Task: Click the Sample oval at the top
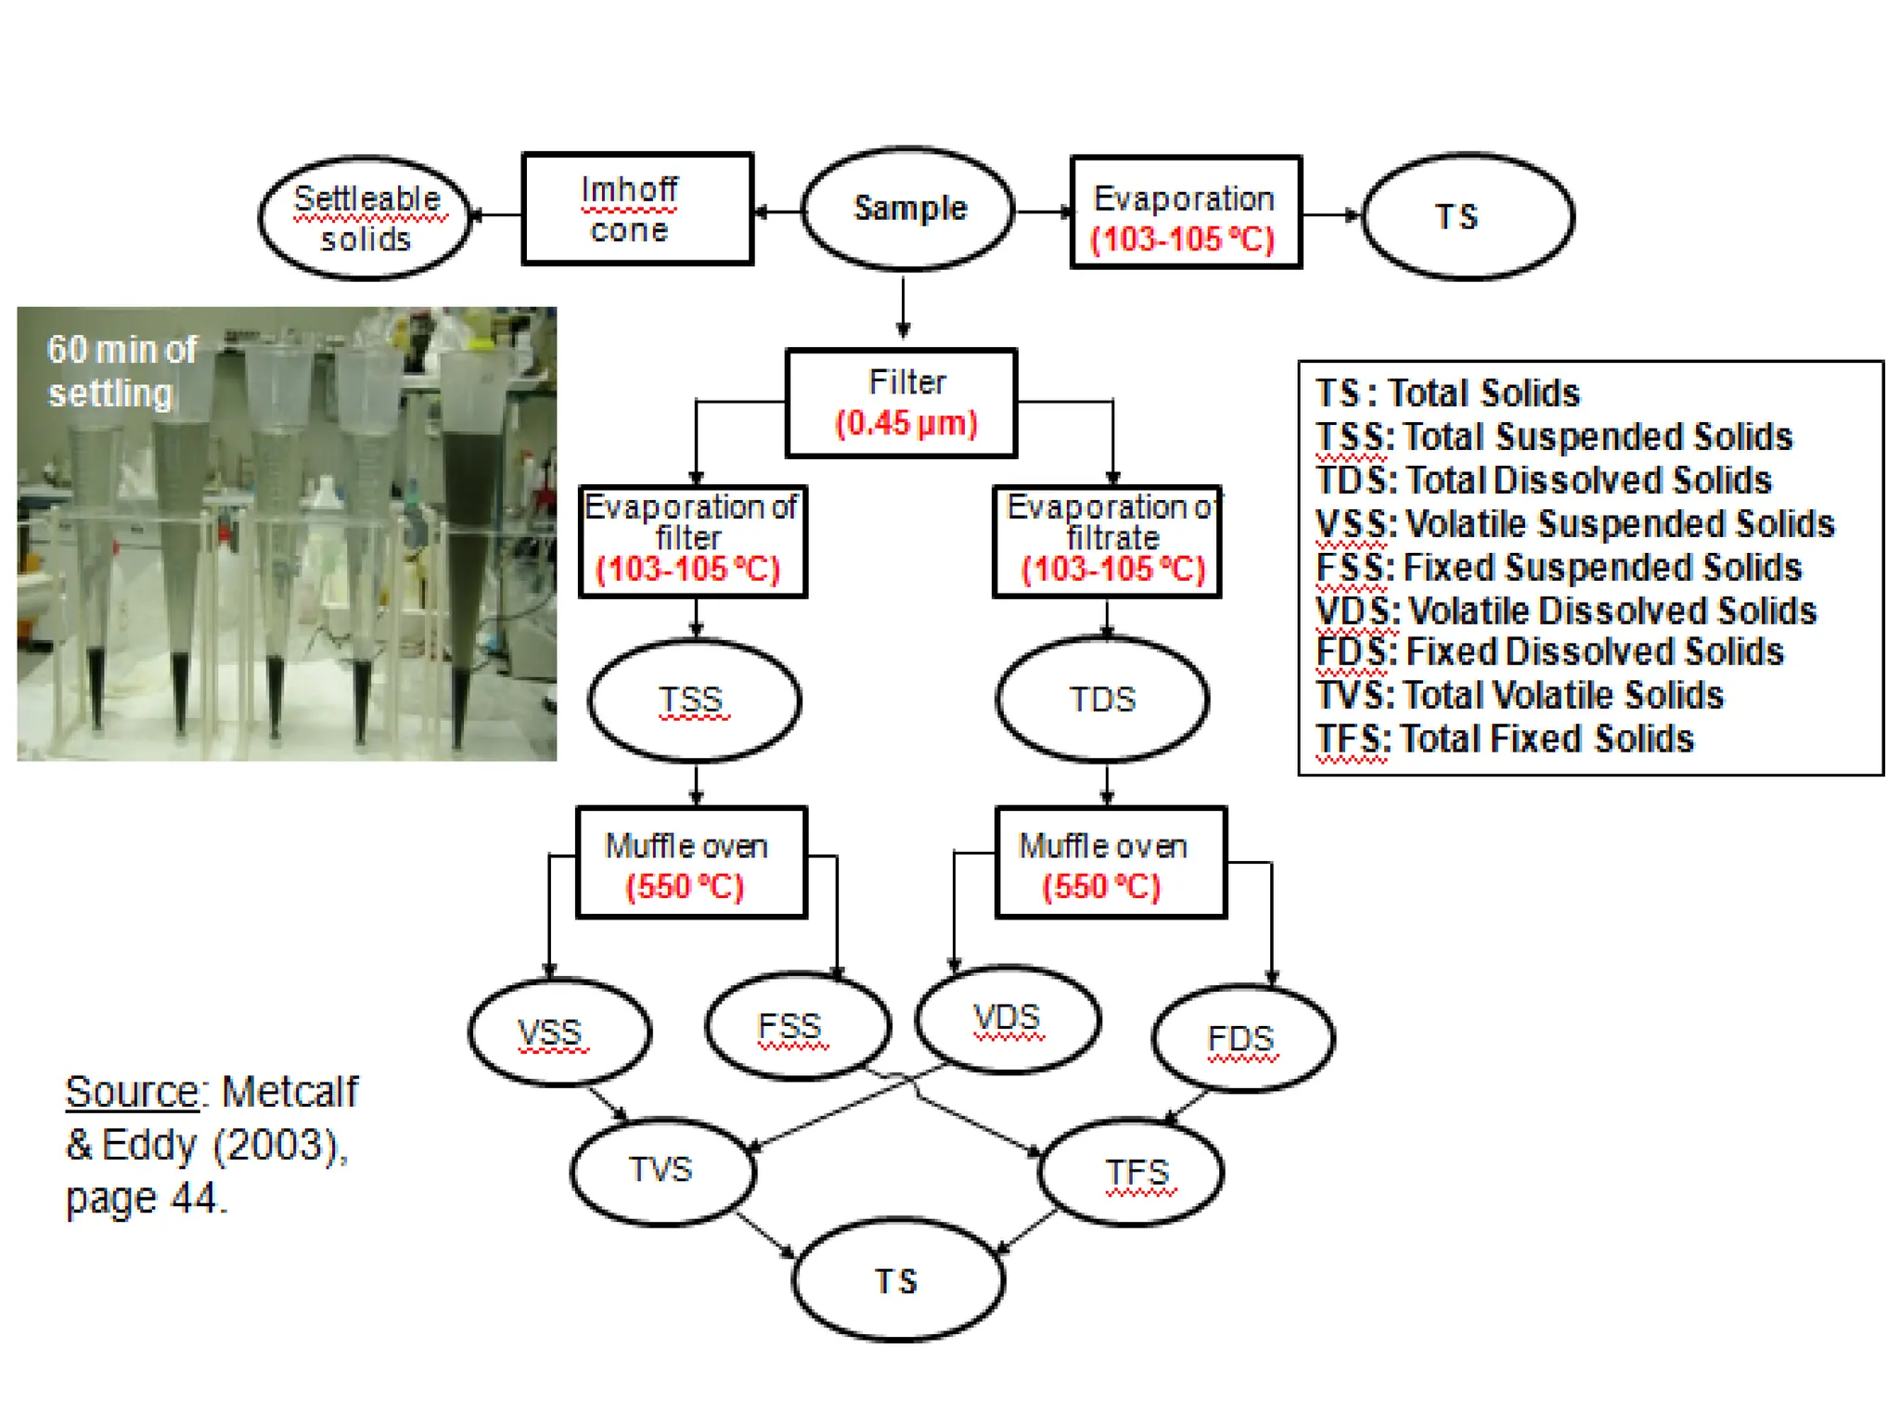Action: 907,210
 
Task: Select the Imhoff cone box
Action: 637,210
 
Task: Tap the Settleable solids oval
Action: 366,218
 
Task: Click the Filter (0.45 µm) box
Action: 902,404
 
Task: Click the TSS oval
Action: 694,700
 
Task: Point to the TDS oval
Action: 1102,699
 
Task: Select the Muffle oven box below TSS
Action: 691,864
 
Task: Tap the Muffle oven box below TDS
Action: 1110,864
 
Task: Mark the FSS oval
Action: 798,1026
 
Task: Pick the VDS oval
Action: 1008,1019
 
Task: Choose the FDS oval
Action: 1243,1038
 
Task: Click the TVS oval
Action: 662,1171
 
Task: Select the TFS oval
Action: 1132,1173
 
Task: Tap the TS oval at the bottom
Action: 898,1281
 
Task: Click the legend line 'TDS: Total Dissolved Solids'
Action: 1544,481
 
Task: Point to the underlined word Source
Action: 132,1092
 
